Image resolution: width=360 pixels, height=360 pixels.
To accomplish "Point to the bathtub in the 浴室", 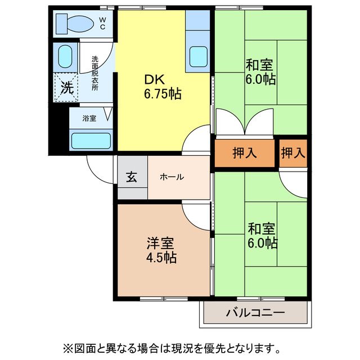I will click(91, 140).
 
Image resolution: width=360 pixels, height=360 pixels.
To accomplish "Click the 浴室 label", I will click(89, 119).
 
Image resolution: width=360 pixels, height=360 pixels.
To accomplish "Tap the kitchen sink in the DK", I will click(198, 56).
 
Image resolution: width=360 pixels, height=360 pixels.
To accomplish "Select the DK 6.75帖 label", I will click(162, 87).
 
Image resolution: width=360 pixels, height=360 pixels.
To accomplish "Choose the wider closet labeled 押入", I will click(245, 152).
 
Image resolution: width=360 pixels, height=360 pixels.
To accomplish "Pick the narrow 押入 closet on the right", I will click(293, 152).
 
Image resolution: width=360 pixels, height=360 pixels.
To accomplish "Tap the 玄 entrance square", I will click(132, 177).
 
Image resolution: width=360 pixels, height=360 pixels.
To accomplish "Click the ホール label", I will click(172, 177).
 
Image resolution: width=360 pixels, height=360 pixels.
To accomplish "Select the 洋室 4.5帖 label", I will click(161, 250).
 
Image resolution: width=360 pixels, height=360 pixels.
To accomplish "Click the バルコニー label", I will click(255, 313).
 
